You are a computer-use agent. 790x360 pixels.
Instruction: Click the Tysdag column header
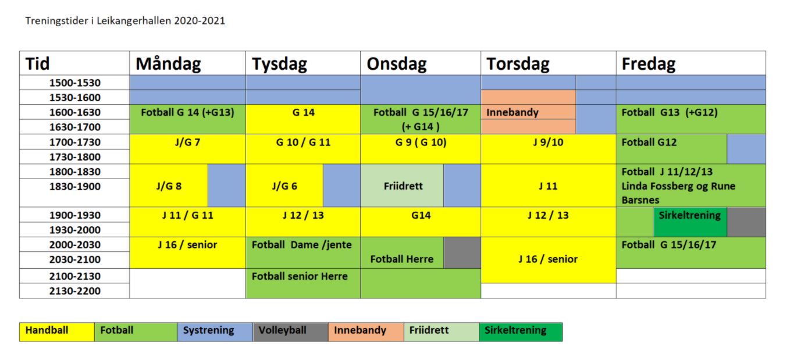(x=303, y=63)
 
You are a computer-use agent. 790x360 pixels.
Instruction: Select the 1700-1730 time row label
(x=74, y=142)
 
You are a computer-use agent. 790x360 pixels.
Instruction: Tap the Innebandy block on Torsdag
(x=528, y=112)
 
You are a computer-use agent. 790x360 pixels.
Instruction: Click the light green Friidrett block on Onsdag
(x=402, y=186)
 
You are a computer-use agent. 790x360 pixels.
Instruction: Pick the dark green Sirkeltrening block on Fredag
(x=690, y=222)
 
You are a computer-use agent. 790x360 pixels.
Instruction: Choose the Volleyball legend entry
(x=290, y=332)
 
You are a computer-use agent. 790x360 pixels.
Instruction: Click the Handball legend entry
(x=57, y=332)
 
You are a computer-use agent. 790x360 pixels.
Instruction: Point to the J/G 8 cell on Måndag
(x=169, y=186)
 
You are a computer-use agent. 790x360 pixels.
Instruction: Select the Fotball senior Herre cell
(x=303, y=283)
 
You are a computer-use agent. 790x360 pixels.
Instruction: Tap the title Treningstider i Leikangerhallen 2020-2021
(x=125, y=20)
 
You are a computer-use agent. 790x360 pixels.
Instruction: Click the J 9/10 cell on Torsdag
(x=549, y=149)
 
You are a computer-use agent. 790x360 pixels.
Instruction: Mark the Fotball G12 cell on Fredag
(x=671, y=149)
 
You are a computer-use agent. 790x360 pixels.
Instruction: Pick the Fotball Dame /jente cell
(x=303, y=252)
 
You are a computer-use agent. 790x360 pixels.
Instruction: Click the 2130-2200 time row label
(x=74, y=291)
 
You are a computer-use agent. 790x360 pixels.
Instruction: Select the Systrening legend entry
(x=215, y=332)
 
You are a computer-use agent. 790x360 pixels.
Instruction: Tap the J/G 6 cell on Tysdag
(x=284, y=186)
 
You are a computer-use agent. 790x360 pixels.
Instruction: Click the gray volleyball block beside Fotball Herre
(x=462, y=252)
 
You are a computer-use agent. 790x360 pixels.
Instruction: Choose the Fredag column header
(x=691, y=63)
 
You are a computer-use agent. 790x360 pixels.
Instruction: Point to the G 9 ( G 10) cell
(x=421, y=149)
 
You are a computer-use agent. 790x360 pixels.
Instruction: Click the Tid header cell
(x=74, y=63)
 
